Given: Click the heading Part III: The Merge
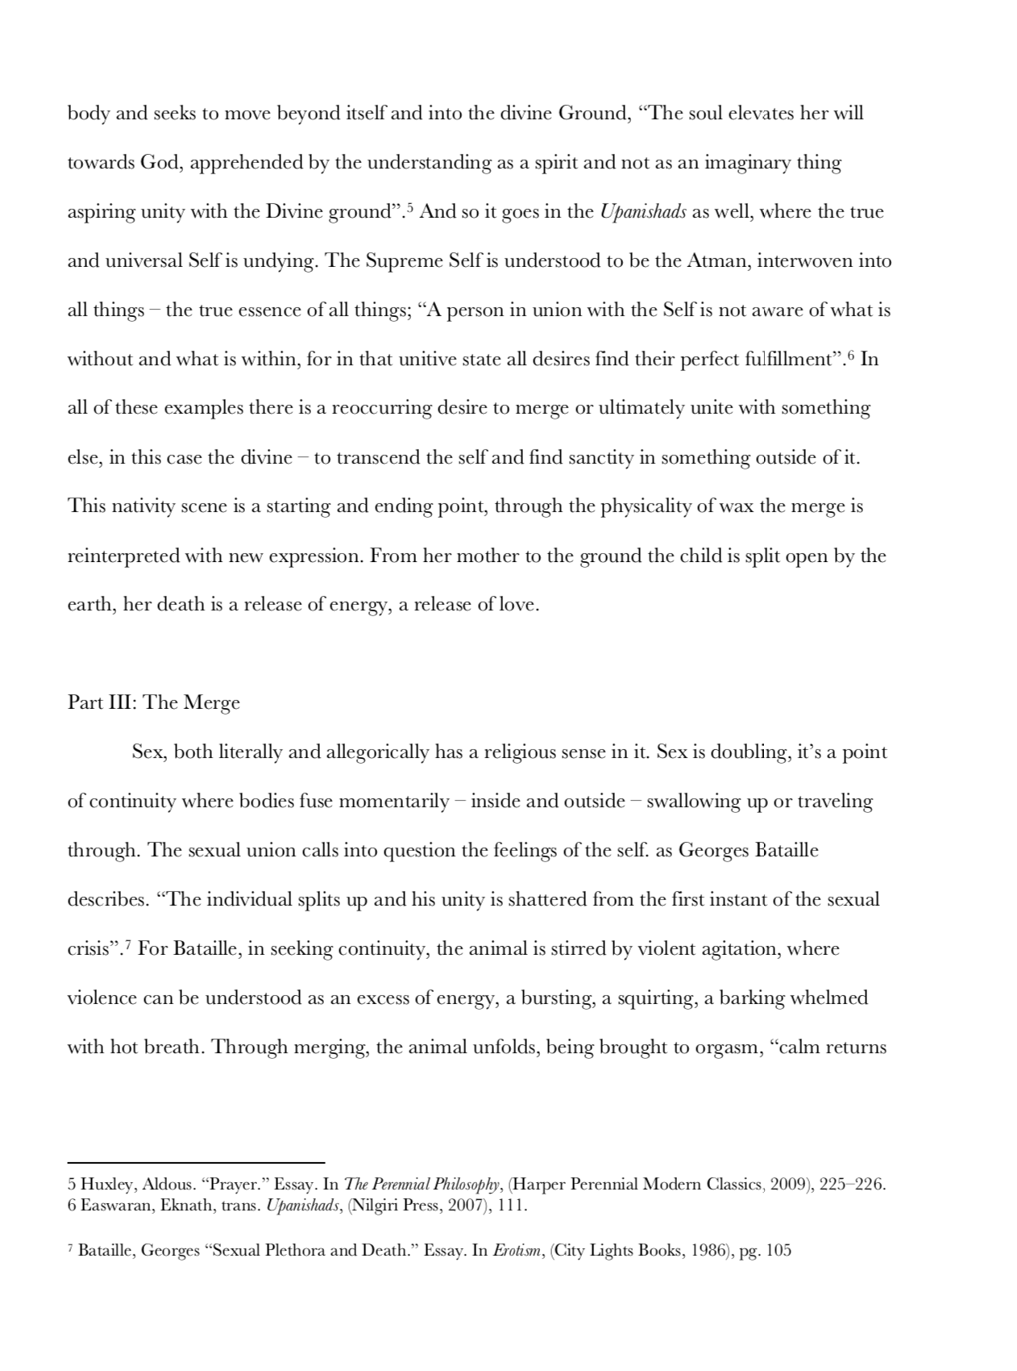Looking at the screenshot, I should click(153, 702).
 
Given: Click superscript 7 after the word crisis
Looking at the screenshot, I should click(127, 944).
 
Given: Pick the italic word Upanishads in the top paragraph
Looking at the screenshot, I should click(643, 212).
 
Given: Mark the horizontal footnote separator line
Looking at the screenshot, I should click(196, 1163).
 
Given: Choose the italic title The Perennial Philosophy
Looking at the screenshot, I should click(421, 1185).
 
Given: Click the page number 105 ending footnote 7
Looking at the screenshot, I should click(778, 1251).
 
